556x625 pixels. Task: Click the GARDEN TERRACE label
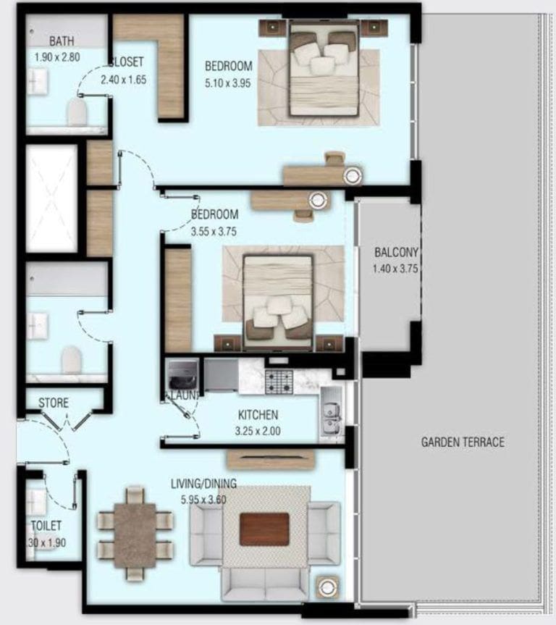point(463,442)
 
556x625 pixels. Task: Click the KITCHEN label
point(258,416)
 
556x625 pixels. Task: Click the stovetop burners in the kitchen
point(279,381)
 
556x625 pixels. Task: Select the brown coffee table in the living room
point(264,529)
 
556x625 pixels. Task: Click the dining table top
point(135,534)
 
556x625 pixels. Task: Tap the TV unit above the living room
point(270,459)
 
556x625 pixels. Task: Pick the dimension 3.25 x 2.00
point(258,430)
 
